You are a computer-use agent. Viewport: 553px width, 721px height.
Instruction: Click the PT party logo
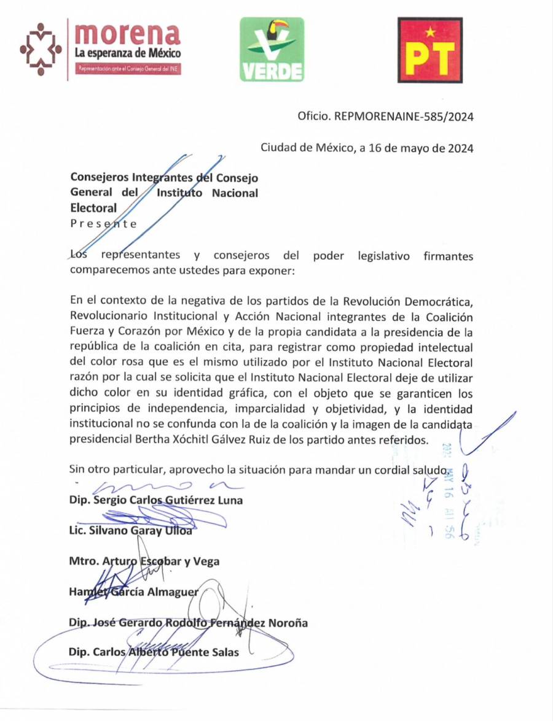coord(429,50)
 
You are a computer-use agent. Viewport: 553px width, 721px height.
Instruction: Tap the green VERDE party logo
coord(272,50)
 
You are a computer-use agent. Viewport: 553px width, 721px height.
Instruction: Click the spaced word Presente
coord(103,223)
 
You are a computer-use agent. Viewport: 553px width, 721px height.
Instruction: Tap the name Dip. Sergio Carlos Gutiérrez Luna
coord(156,499)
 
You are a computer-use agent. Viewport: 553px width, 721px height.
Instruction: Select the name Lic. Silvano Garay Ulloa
coord(131,530)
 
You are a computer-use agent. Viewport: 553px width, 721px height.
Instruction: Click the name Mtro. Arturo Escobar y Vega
coord(144,561)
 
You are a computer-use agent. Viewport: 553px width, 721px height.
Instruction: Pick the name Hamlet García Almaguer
coord(135,592)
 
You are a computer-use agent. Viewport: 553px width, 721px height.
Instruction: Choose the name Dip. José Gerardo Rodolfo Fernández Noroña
coord(189,622)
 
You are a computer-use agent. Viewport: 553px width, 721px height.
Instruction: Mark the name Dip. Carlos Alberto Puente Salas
coord(154,652)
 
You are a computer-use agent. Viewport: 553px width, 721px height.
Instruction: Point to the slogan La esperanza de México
coord(128,53)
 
